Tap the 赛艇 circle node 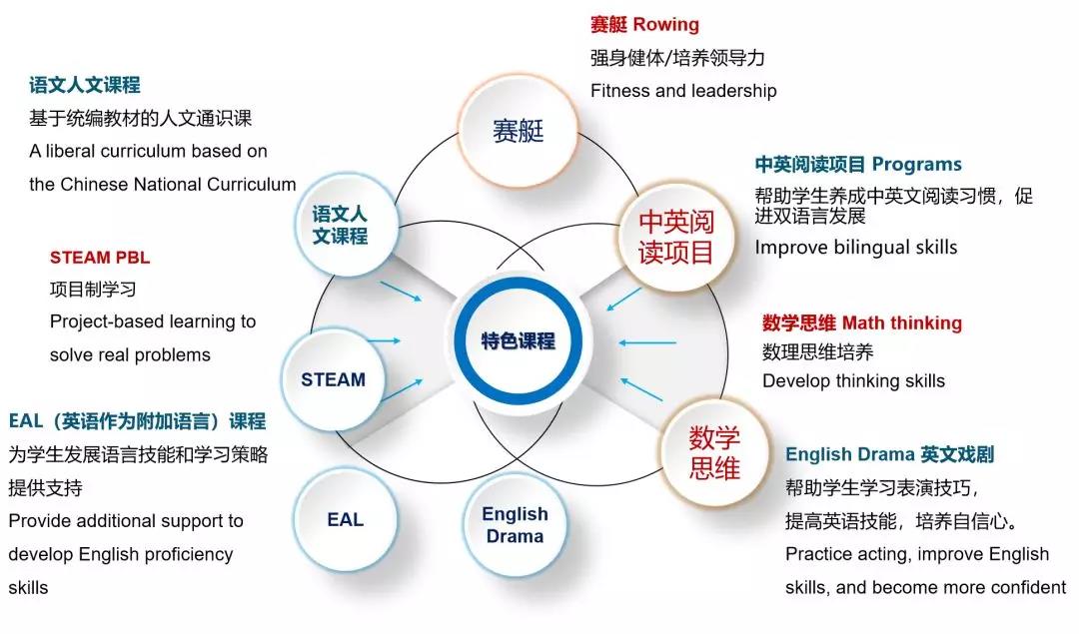pyautogui.click(x=518, y=131)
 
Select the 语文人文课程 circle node pyautogui.click(x=340, y=225)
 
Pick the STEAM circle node pyautogui.click(x=333, y=379)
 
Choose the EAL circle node pyautogui.click(x=345, y=520)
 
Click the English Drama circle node pyautogui.click(x=515, y=524)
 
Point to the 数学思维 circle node pyautogui.click(x=714, y=453)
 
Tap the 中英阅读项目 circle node pyautogui.click(x=675, y=238)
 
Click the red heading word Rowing pyautogui.click(x=665, y=25)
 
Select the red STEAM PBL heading pyautogui.click(x=100, y=258)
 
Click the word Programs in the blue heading pyautogui.click(x=916, y=165)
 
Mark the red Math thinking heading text pyautogui.click(x=902, y=322)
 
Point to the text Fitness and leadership pyautogui.click(x=683, y=91)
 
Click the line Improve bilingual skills pyautogui.click(x=856, y=248)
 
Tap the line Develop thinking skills pyautogui.click(x=853, y=381)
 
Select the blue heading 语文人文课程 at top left pyautogui.click(x=85, y=85)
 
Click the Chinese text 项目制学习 pyautogui.click(x=93, y=290)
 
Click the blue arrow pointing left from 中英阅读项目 pyautogui.click(x=623, y=300)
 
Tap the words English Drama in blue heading pyautogui.click(x=850, y=454)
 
